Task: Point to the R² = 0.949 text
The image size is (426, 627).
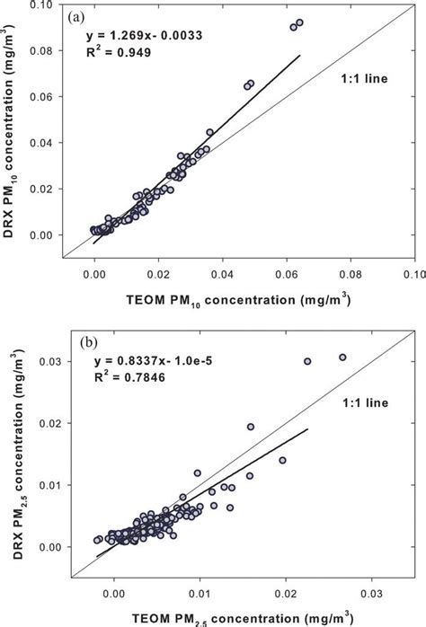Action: coord(117,53)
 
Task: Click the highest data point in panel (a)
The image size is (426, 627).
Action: coord(300,22)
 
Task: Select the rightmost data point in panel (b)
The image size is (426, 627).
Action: coord(342,358)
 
